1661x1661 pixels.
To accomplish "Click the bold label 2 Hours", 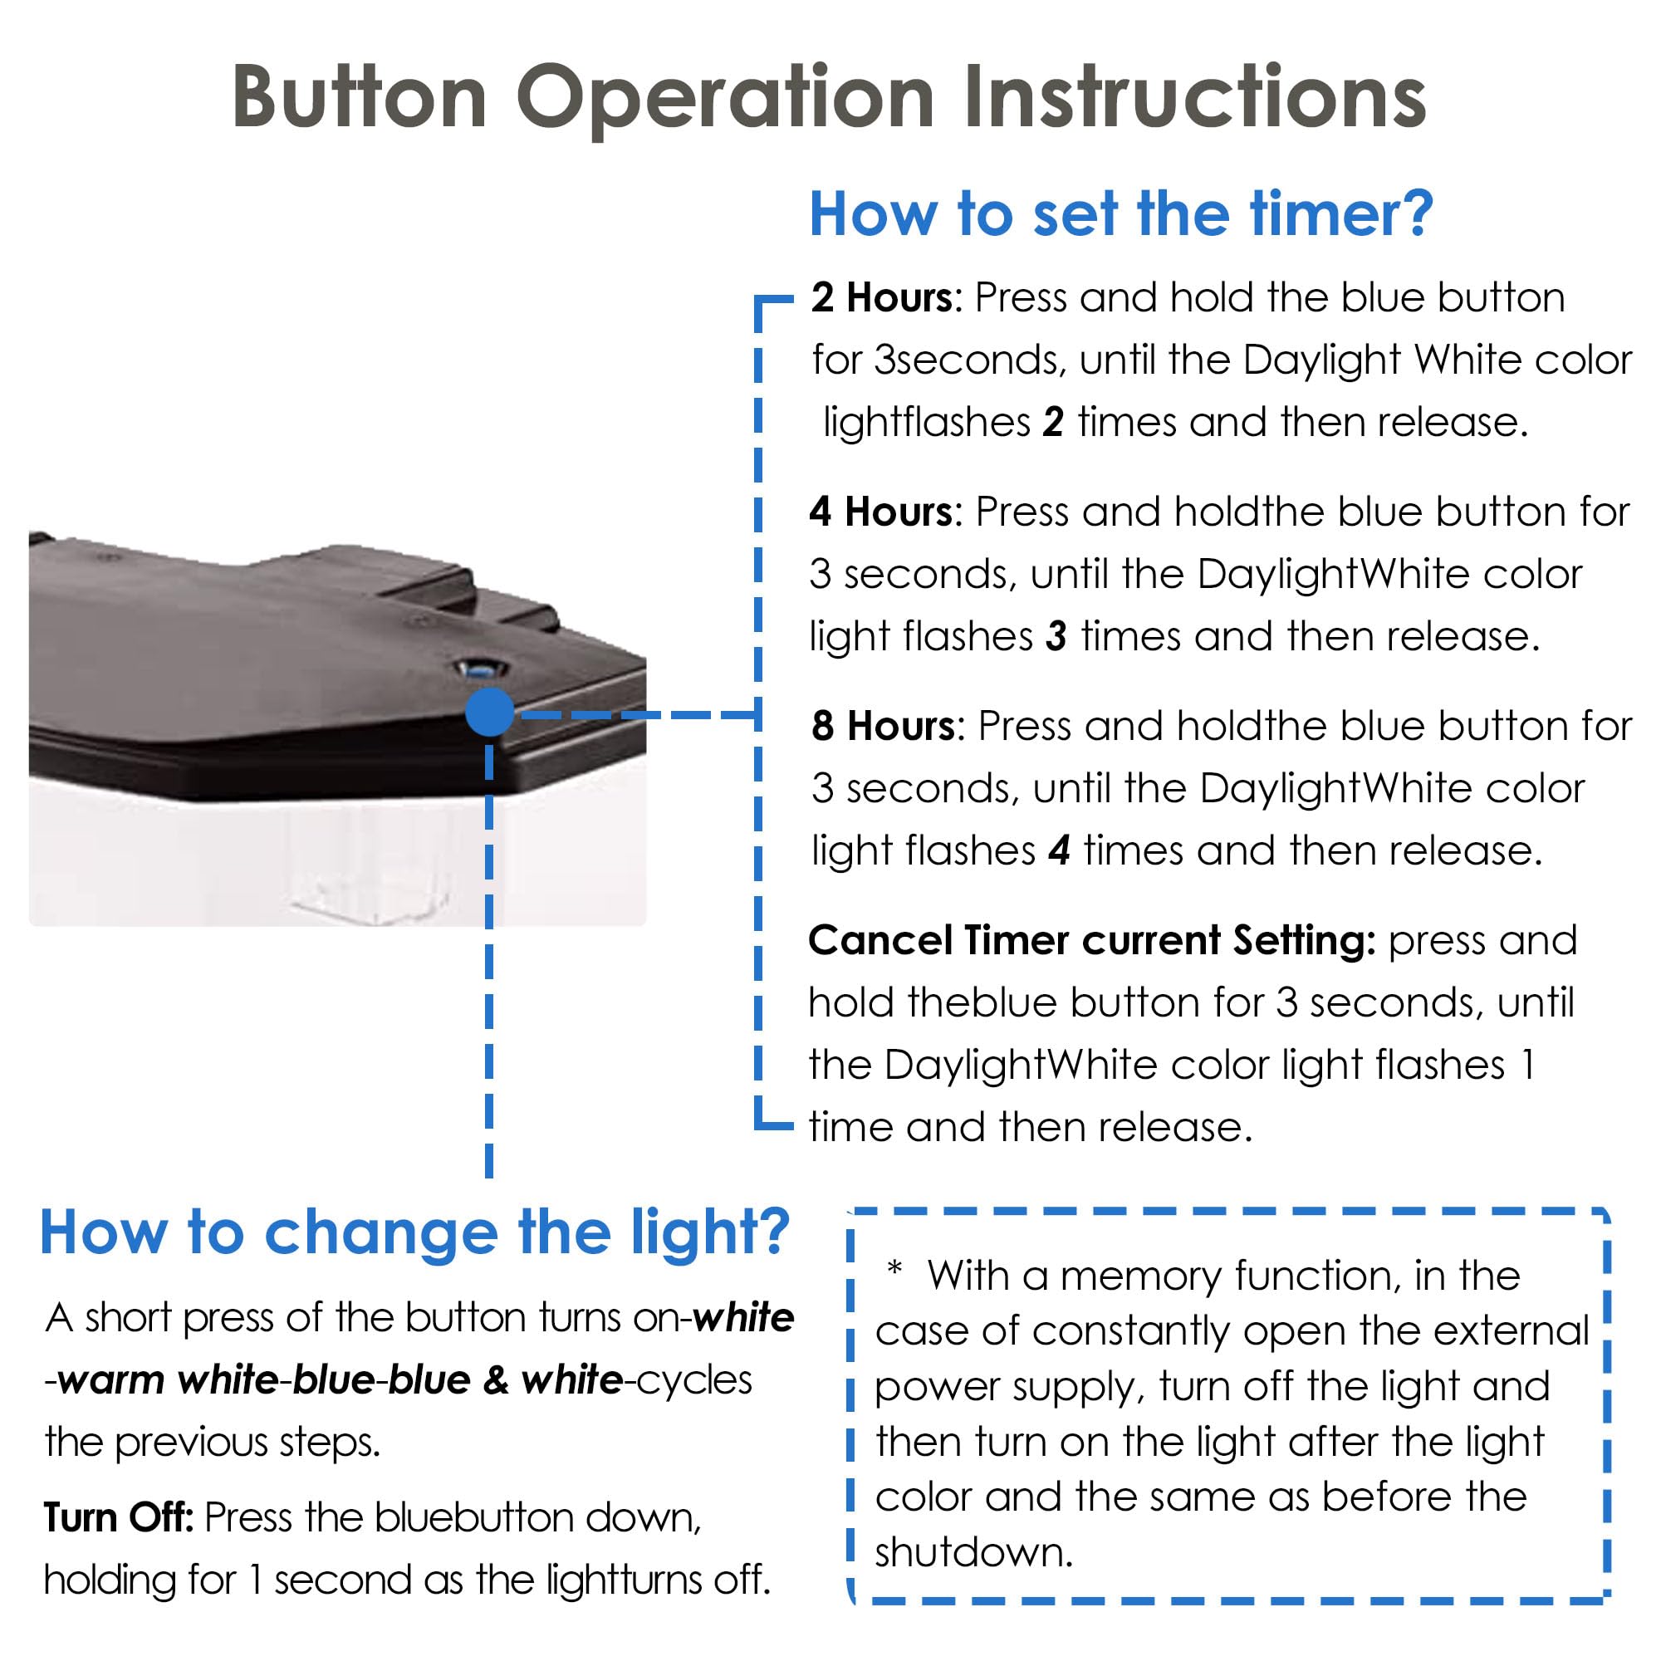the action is [x=882, y=297].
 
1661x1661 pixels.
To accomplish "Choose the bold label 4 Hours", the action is [x=881, y=512].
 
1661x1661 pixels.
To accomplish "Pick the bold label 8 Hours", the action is [x=884, y=726].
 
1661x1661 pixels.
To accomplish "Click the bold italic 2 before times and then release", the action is [x=1053, y=422].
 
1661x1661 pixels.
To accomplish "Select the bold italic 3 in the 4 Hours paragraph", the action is [x=1056, y=636].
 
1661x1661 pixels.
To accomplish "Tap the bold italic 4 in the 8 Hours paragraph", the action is [x=1059, y=850].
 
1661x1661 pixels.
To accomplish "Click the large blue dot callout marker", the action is [x=490, y=712].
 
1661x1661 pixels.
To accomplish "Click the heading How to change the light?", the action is [x=414, y=1232].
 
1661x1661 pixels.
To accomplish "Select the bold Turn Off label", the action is [x=119, y=1517].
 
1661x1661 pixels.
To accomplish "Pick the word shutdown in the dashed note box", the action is [x=974, y=1553].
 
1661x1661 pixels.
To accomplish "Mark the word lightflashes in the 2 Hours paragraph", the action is [x=927, y=422].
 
